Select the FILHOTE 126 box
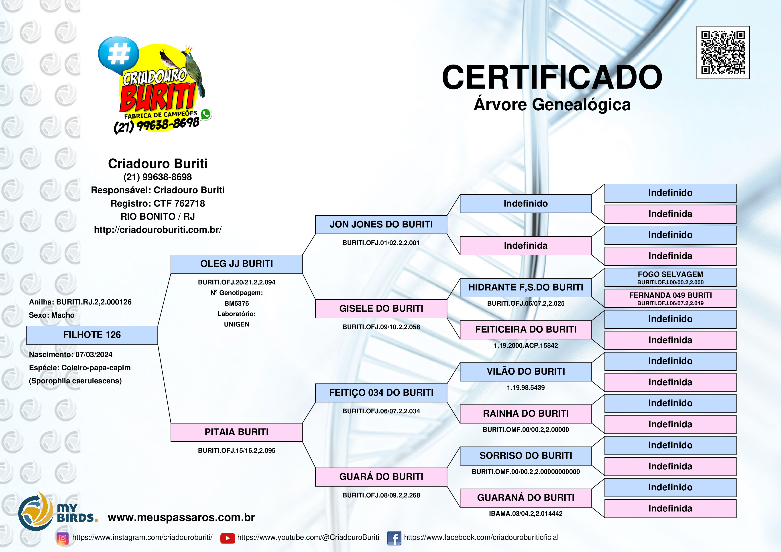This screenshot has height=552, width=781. (92, 335)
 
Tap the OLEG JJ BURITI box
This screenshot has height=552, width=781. (236, 264)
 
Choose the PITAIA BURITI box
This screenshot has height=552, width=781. (236, 432)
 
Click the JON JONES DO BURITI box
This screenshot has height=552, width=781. (381, 225)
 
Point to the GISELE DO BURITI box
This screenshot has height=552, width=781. (381, 308)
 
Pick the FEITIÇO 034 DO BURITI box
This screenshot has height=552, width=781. (381, 393)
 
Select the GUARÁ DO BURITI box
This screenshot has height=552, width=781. (381, 477)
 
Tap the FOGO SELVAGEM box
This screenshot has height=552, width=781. (670, 277)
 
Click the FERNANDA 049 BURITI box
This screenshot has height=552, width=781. (670, 298)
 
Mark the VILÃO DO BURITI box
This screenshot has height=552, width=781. (526, 372)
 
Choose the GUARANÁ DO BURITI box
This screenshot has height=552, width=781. (526, 498)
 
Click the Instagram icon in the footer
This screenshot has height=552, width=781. (63, 538)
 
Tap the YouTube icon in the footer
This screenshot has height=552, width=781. (227, 538)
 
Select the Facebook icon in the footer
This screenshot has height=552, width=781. (394, 538)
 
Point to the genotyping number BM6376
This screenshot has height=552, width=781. (236, 303)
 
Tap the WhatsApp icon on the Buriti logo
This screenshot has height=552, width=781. (205, 114)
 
